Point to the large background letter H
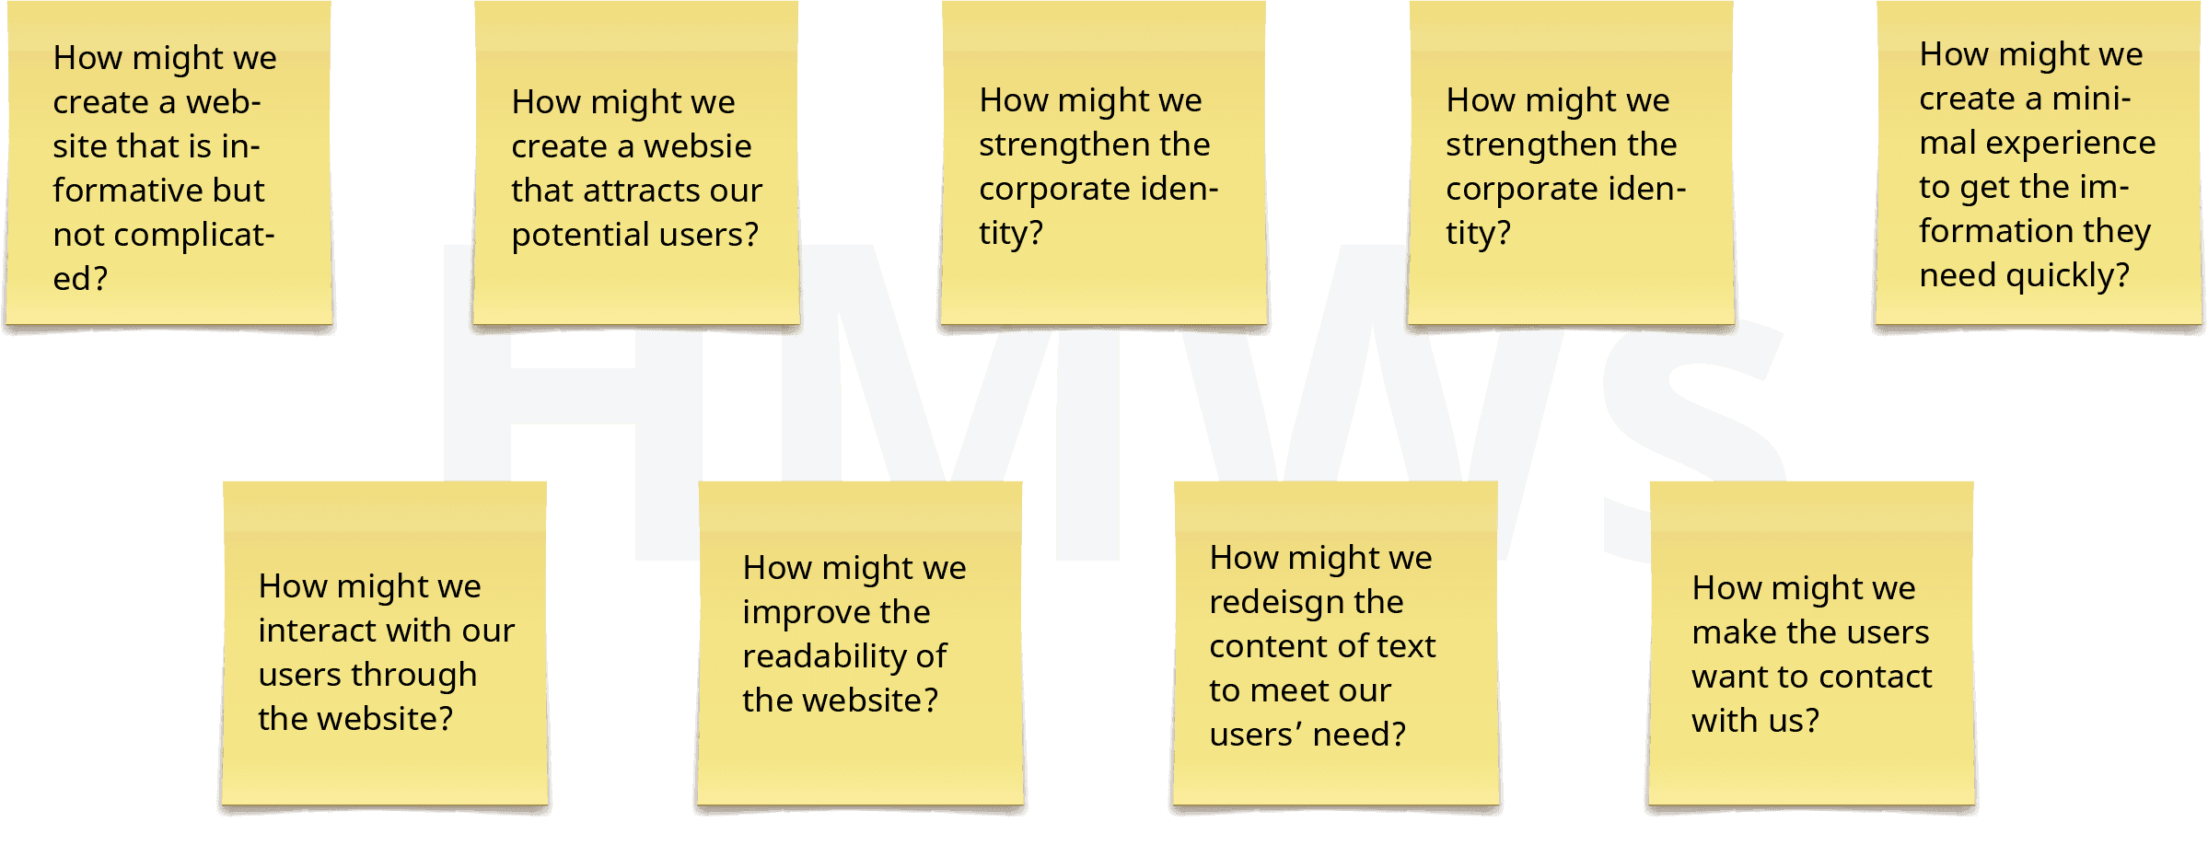pos(571,396)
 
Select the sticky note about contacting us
pos(1811,644)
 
